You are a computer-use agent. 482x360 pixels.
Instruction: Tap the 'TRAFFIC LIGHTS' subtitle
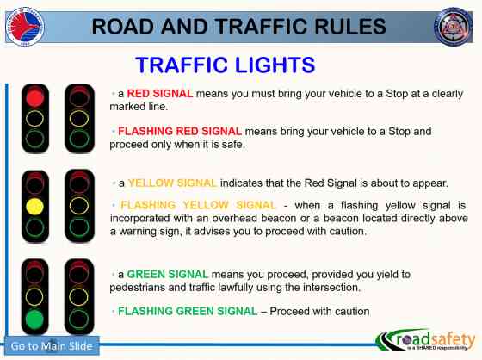226,65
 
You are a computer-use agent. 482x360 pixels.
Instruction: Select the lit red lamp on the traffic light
34,97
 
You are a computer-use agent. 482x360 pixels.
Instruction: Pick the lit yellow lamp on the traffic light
34,207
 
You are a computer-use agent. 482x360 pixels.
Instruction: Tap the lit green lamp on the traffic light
34,320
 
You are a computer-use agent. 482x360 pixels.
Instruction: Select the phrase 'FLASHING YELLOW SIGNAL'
198,205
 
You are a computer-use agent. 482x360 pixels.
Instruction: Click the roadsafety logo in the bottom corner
422,340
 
